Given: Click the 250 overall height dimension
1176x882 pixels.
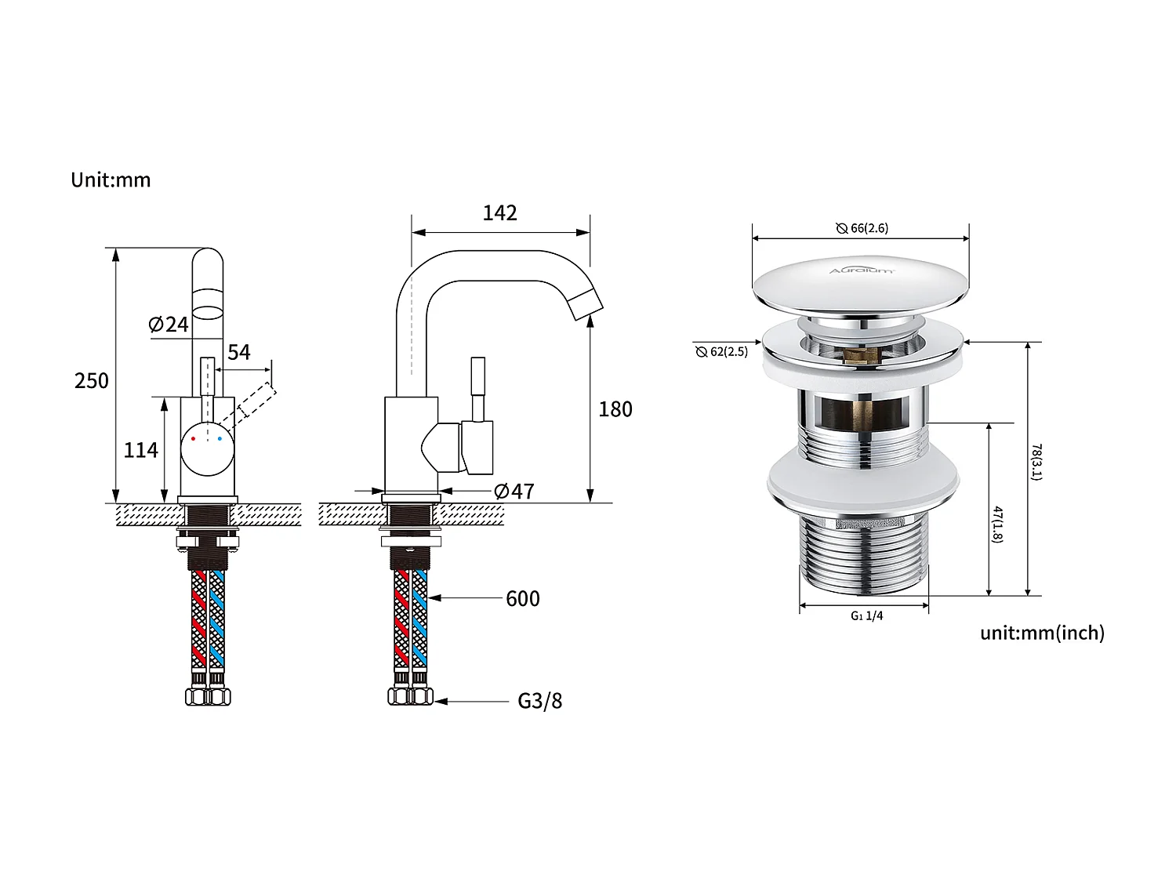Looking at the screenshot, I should (92, 381).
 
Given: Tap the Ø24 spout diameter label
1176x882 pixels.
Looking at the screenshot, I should (169, 324).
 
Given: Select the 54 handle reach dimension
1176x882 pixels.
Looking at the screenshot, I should (239, 352).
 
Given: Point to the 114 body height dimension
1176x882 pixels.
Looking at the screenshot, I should (141, 450).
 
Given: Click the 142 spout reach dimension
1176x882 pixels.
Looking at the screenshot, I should (500, 213).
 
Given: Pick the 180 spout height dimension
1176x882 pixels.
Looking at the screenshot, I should (615, 409).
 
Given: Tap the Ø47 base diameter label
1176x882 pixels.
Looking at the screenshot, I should (514, 492).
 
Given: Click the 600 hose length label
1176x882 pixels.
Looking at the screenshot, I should (522, 599).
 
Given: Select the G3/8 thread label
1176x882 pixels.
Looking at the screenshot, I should (539, 701).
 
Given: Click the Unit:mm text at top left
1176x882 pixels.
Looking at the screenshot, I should (111, 180).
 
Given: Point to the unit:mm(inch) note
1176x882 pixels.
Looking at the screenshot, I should (1042, 633).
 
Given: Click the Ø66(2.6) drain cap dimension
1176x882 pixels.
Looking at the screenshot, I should (862, 228).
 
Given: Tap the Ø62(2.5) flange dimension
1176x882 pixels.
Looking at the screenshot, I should (722, 352).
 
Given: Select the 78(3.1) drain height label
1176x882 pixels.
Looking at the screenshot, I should (1036, 463).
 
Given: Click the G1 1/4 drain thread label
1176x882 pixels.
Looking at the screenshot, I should (866, 616).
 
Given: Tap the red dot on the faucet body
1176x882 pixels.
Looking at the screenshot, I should (193, 438).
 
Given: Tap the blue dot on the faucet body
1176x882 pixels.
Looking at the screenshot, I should (220, 438).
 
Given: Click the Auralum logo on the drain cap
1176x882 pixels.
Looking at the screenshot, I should (861, 270).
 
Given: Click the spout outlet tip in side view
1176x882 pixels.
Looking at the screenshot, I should (587, 306).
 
